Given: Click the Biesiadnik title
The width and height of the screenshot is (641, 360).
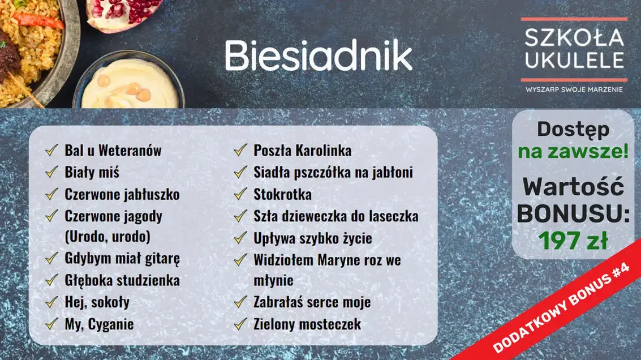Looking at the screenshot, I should (319, 55).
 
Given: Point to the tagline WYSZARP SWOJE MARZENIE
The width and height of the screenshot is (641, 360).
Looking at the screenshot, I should (574, 89).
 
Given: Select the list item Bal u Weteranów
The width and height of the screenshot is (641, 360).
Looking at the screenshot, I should (113, 151).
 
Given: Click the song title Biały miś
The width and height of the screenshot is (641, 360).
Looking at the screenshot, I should (92, 172).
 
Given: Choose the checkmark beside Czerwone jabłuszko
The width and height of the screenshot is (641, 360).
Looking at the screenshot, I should (53, 194).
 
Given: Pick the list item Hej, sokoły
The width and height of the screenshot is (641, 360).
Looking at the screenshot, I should (97, 302).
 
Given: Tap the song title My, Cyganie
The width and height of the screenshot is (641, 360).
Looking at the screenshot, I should (99, 324).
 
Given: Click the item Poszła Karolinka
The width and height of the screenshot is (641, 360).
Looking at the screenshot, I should (302, 151).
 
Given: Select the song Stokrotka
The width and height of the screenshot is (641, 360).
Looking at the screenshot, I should (282, 194).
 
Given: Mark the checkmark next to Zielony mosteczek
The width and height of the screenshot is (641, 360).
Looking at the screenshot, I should (242, 324).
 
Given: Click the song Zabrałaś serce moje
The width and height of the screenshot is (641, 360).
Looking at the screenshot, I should (312, 302).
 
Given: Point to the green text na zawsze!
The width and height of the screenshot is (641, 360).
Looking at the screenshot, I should (573, 152).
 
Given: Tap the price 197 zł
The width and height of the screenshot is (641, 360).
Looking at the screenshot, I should (573, 241).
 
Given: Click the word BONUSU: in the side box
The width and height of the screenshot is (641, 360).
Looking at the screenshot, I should (573, 215).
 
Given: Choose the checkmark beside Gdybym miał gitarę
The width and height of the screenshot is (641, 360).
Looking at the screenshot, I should (53, 259).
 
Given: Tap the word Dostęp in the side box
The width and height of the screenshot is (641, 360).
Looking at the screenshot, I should (573, 130).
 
